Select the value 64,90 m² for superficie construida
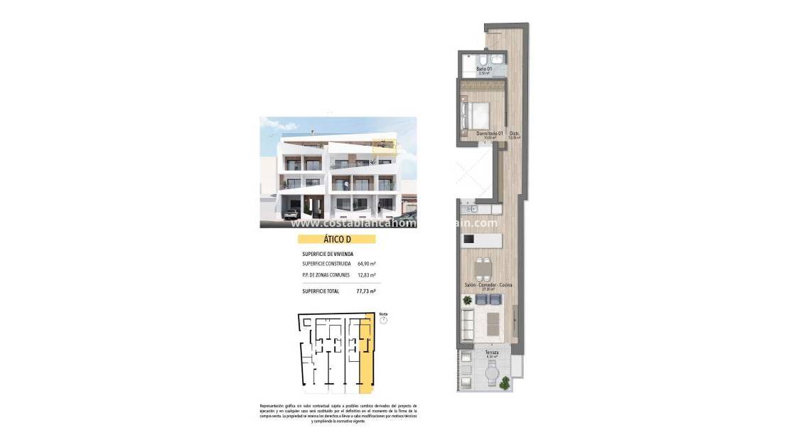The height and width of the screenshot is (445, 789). [367, 263]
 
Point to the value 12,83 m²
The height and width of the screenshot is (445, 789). [367, 275]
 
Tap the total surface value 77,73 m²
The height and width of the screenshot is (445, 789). [366, 291]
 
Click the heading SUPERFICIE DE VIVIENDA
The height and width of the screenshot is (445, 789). [328, 254]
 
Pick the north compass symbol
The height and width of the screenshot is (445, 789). [383, 320]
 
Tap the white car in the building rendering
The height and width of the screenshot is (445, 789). [292, 213]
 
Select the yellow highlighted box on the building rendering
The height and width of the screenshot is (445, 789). [385, 146]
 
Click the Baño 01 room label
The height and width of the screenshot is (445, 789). [484, 69]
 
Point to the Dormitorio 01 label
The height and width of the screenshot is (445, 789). [490, 134]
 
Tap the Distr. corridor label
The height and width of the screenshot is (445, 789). [515, 134]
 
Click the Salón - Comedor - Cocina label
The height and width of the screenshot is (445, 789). [488, 285]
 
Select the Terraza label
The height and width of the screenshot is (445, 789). [491, 353]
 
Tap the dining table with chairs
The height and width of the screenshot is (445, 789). [483, 268]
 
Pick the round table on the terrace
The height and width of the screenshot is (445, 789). [490, 369]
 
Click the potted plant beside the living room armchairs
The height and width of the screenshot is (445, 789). [467, 301]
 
